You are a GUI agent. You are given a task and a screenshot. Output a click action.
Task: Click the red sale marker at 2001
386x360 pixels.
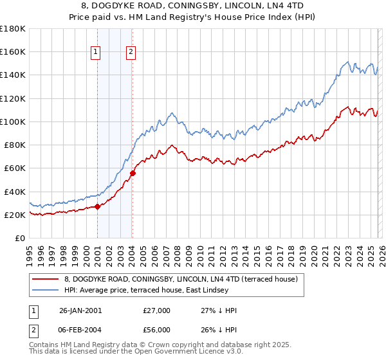98,206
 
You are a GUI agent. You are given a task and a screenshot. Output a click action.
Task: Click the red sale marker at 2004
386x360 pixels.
133,172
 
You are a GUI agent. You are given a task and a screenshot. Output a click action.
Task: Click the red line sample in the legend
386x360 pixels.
45,280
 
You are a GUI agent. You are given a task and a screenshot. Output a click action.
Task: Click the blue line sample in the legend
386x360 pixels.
45,291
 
